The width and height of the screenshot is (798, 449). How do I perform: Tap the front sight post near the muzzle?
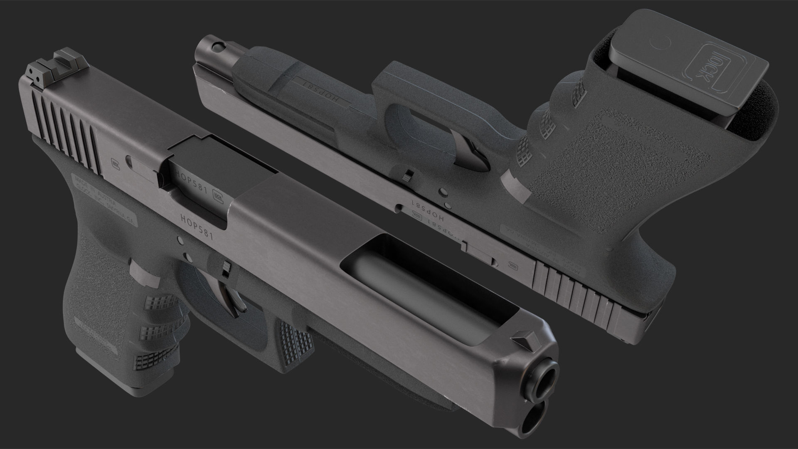click(x=525, y=338)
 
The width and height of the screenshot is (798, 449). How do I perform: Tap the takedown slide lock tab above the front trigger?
click(x=226, y=270)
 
